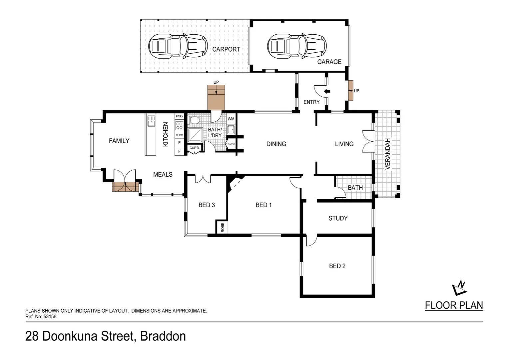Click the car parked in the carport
click(178, 46)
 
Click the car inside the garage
click(297, 46)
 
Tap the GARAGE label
click(329, 62)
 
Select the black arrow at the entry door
click(327, 91)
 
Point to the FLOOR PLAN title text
click(454, 305)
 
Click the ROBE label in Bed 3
click(223, 227)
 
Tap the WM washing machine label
click(231, 119)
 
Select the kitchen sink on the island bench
click(151, 121)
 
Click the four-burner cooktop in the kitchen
click(179, 126)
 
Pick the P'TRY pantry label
click(179, 116)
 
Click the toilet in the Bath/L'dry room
click(194, 120)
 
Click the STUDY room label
click(338, 218)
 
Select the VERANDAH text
click(387, 154)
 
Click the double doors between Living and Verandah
click(368, 141)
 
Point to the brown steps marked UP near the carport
click(216, 97)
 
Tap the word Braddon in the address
click(163, 336)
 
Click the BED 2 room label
click(337, 266)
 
